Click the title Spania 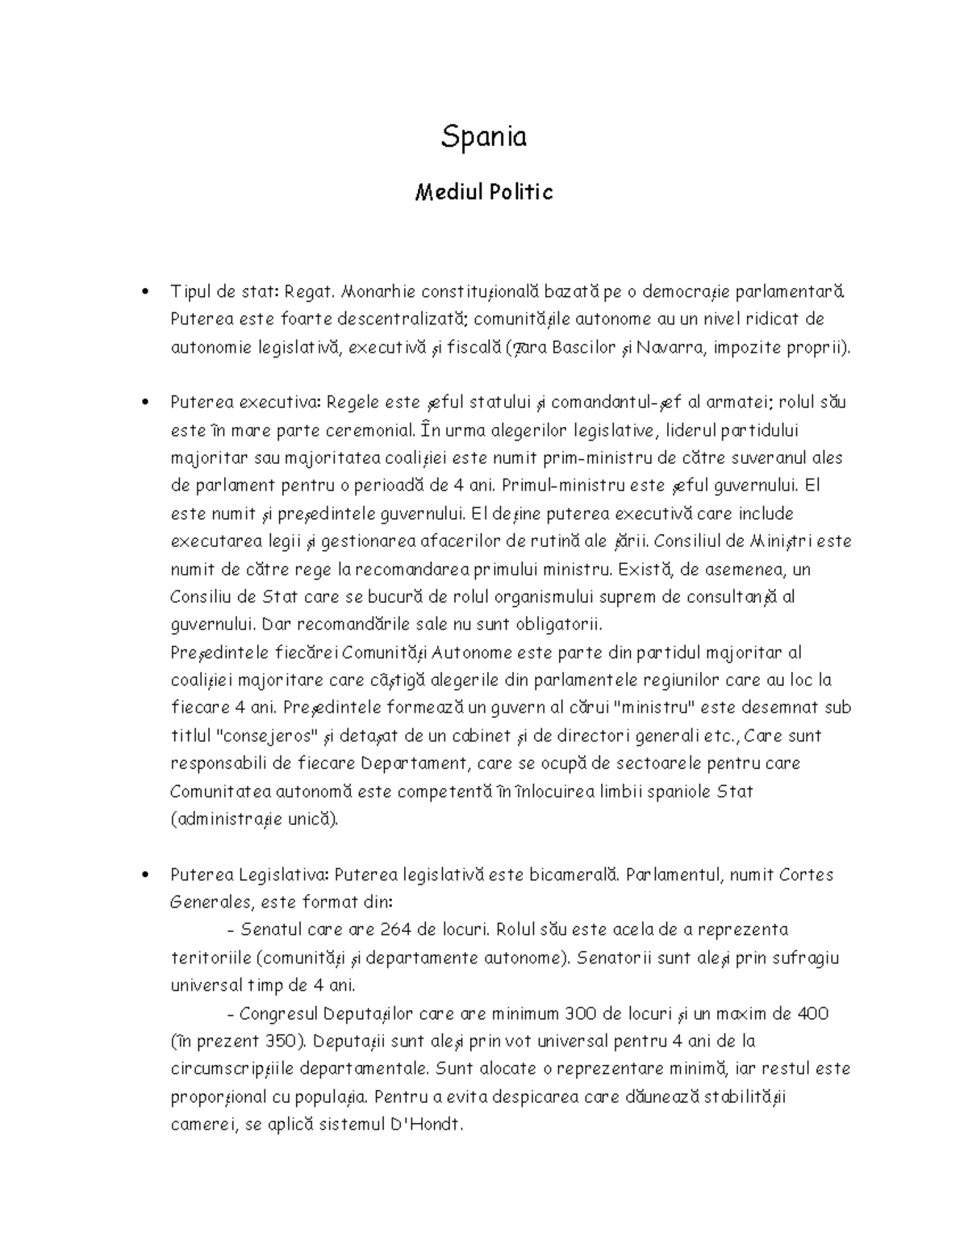point(483,137)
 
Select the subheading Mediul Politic point(483,193)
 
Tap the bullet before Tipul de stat point(144,291)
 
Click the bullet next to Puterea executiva point(144,403)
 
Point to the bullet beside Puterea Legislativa point(144,875)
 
